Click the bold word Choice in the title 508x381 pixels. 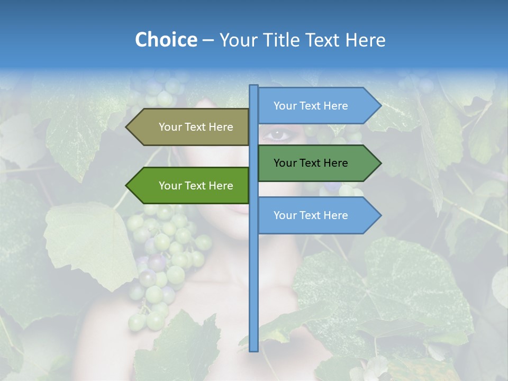coord(166,40)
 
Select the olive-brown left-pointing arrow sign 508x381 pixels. coord(196,127)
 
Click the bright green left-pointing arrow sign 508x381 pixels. coord(196,186)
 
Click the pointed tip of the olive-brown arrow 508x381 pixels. coord(127,127)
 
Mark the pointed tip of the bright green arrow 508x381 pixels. coord(127,186)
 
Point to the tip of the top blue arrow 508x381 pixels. coord(380,106)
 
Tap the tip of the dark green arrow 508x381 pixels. coord(380,163)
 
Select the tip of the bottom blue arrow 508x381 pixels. coord(380,215)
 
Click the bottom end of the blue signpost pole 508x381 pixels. coord(254,350)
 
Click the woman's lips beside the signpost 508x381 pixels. coord(241,208)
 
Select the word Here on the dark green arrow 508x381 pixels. coord(336,163)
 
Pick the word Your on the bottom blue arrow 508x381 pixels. coord(285,215)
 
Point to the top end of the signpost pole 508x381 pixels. coord(254,86)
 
